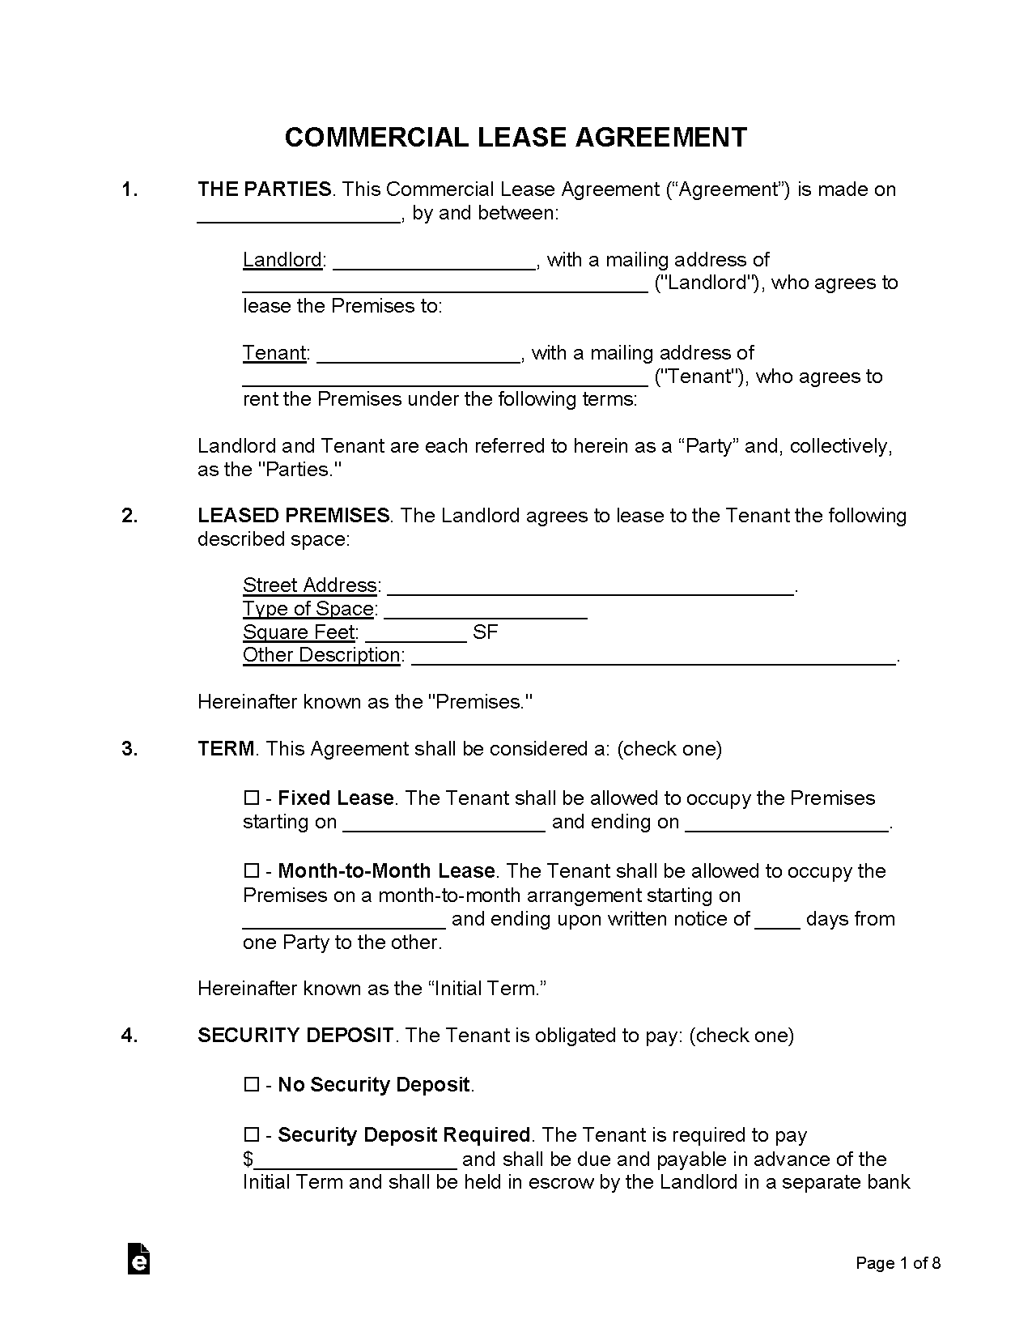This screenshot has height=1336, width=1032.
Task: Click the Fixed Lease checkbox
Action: pos(251,798)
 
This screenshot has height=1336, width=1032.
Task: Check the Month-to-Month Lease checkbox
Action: pos(251,871)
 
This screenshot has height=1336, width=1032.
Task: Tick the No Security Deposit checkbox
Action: pos(251,1085)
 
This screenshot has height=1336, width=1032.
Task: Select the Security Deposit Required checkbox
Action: pos(251,1135)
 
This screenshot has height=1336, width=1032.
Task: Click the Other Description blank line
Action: pos(653,656)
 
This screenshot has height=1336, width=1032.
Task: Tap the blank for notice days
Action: pos(777,920)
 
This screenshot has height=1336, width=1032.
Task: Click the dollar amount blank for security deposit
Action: pos(356,1160)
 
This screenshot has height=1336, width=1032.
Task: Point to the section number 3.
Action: pos(130,749)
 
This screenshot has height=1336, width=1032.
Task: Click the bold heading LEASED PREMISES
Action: pos(294,516)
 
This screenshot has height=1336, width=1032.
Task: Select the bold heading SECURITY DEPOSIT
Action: pos(295,1036)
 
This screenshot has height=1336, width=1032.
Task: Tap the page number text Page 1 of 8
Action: pos(898,1263)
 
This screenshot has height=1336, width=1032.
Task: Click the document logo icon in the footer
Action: pos(139,1259)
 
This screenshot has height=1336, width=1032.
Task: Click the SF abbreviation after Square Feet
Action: pos(485,632)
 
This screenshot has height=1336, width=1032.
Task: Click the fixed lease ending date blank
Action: pos(787,823)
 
